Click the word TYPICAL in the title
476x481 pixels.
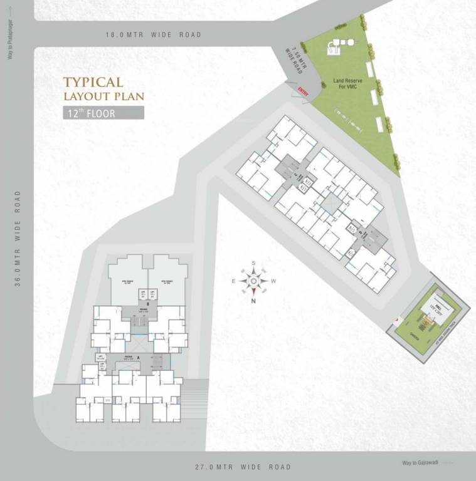[93, 82]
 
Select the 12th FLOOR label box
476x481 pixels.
[103, 113]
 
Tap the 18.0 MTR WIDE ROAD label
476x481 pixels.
[154, 35]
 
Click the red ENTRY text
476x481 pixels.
[304, 91]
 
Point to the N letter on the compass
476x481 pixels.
[253, 301]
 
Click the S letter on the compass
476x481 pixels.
[253, 263]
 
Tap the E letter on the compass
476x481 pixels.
[233, 282]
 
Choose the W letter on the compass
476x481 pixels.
[274, 282]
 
